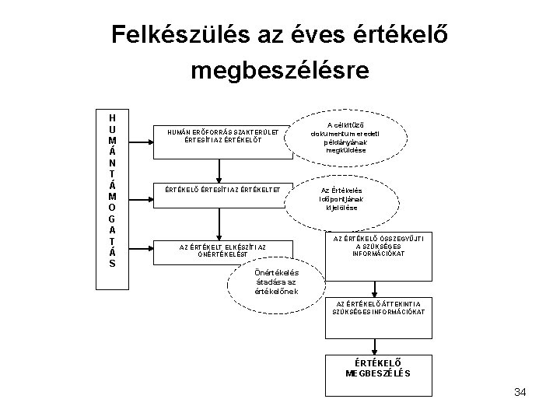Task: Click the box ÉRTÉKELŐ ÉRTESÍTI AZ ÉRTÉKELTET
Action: click(x=223, y=189)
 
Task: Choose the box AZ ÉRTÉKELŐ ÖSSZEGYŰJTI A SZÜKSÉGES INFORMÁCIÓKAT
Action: click(x=379, y=254)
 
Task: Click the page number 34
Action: click(x=520, y=391)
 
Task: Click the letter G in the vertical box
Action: click(x=113, y=219)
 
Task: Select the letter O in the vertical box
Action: click(x=113, y=207)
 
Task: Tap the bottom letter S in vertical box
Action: click(x=113, y=263)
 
